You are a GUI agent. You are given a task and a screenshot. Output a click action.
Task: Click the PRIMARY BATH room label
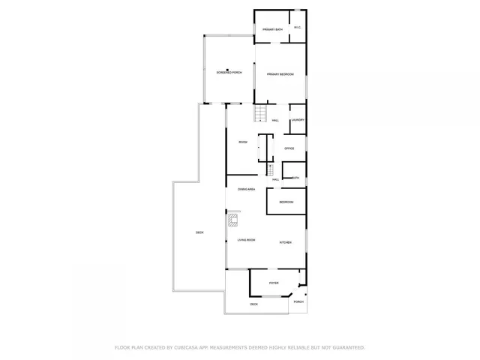pyautogui.click(x=272, y=29)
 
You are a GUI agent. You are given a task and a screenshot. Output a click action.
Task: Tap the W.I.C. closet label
pyautogui.click(x=298, y=28)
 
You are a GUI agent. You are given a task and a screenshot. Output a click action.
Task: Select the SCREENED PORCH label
pyautogui.click(x=229, y=73)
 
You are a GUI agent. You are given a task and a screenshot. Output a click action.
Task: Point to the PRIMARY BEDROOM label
pyautogui.click(x=280, y=74)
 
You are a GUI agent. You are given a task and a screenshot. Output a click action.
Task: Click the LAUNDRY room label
pyautogui.click(x=298, y=120)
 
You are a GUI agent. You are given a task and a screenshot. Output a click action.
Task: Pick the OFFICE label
pyautogui.click(x=289, y=148)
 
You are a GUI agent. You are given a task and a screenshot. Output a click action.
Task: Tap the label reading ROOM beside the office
pyautogui.click(x=243, y=142)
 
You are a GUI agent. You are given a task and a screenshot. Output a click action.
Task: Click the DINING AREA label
pyautogui.click(x=247, y=189)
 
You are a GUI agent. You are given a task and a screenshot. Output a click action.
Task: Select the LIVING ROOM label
pyautogui.click(x=247, y=240)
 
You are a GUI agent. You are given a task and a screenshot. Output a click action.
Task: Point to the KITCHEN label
pyautogui.click(x=286, y=242)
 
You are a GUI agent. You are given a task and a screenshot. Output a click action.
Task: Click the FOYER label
pyautogui.click(x=274, y=283)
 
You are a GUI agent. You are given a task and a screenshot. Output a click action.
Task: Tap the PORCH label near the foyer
pyautogui.click(x=298, y=301)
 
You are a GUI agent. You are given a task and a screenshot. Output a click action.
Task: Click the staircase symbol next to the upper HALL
pyautogui.click(x=259, y=113)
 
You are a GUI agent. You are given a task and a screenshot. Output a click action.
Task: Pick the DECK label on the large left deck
pyautogui.click(x=199, y=232)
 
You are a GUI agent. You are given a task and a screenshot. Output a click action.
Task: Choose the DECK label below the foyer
pyautogui.click(x=253, y=304)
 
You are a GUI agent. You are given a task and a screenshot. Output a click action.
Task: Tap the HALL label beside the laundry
pyautogui.click(x=276, y=121)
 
